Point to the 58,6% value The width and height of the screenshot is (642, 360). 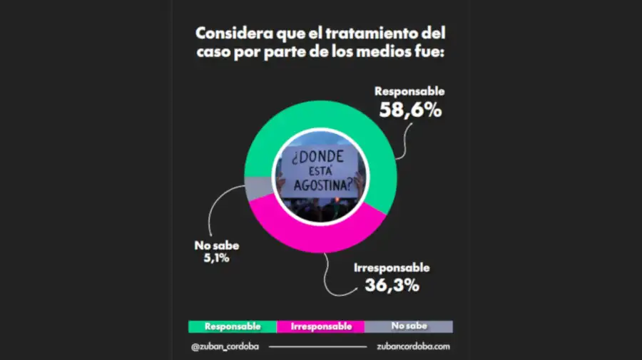(x=410, y=110)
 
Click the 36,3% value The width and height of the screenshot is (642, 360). (x=392, y=285)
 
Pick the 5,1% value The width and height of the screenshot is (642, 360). (x=217, y=258)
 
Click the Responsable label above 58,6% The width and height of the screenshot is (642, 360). (x=409, y=91)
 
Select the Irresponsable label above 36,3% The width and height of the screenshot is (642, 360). (x=392, y=268)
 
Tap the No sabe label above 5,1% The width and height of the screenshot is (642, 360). (x=217, y=245)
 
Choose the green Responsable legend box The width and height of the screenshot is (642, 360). (x=233, y=326)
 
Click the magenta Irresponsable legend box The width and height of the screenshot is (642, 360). (x=320, y=326)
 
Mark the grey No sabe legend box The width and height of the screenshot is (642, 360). (x=409, y=326)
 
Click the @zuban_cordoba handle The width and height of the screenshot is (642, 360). (x=225, y=346)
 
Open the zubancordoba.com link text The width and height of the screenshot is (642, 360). (x=413, y=346)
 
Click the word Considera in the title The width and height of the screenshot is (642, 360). (x=234, y=33)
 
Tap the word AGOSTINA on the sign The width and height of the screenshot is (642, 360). (x=323, y=185)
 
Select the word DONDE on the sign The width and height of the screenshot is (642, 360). (x=318, y=157)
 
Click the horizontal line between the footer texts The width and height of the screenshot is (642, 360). (x=317, y=347)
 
